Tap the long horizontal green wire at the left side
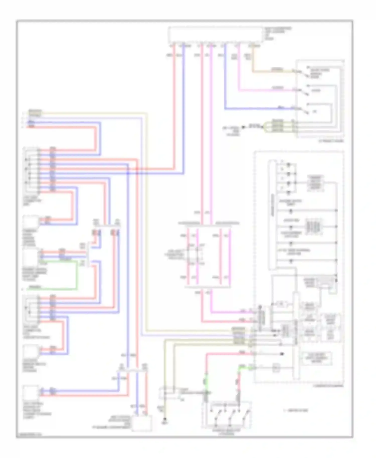pos(50,289)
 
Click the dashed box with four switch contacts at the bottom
pos(227,415)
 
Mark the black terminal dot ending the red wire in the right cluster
pos(282,354)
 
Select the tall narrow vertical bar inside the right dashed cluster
pos(272,215)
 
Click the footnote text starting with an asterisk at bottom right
pos(296,410)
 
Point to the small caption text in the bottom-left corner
pos(29,434)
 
